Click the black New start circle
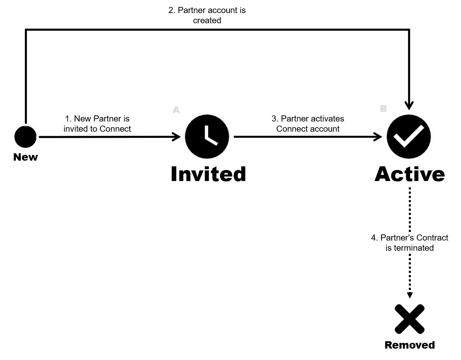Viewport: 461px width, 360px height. [x=25, y=137]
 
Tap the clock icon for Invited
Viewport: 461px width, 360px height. [x=207, y=136]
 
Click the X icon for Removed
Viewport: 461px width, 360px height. [x=409, y=318]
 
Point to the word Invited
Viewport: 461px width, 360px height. [x=208, y=174]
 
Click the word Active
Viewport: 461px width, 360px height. [x=409, y=174]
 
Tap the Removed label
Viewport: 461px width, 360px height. [x=410, y=345]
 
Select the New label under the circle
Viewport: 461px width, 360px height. [x=26, y=157]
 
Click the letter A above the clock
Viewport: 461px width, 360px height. [x=176, y=109]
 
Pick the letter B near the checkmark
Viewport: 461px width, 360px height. [x=383, y=108]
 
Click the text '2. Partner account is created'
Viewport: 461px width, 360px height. [x=207, y=15]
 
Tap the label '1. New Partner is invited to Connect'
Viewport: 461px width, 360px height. [x=97, y=124]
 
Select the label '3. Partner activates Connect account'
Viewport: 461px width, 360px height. [x=308, y=124]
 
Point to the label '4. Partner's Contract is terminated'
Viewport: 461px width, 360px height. [x=409, y=242]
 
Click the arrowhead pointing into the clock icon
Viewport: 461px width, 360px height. [x=176, y=137]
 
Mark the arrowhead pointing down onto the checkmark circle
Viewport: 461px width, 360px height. [x=409, y=105]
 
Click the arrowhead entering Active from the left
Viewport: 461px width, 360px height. [x=377, y=137]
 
